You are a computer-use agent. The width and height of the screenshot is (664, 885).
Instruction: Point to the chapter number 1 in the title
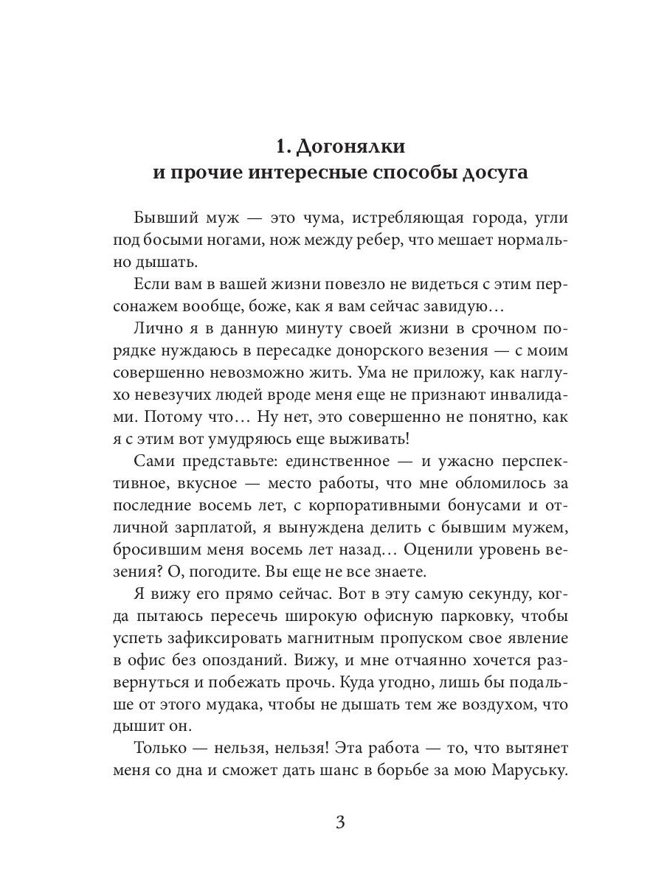click(x=281, y=146)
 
